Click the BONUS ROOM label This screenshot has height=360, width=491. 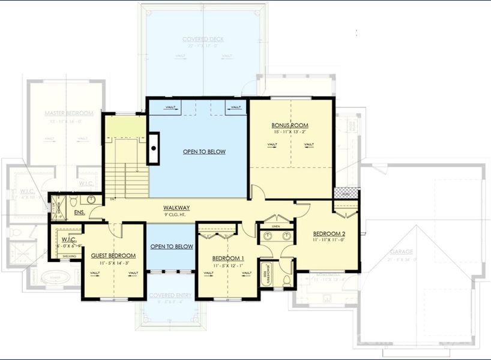(x=291, y=125)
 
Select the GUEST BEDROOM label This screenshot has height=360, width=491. (x=113, y=256)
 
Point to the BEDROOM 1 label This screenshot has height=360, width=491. (x=227, y=259)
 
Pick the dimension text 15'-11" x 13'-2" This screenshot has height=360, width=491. (x=291, y=132)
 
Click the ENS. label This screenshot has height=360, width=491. (x=79, y=212)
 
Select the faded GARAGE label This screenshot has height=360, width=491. (x=400, y=252)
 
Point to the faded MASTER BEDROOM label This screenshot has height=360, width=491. (x=68, y=113)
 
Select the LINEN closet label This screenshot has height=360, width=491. (x=276, y=226)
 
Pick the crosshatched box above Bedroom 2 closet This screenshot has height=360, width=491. (x=343, y=193)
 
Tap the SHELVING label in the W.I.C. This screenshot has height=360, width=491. (x=69, y=256)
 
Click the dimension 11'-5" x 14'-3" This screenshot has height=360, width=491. (x=113, y=262)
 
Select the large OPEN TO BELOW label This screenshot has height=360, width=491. (x=204, y=152)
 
